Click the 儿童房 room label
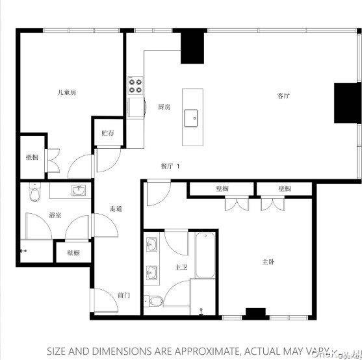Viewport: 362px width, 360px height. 67,93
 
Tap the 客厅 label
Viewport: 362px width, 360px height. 283,96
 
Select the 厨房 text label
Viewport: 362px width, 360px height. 164,107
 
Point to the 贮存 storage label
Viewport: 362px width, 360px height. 108,133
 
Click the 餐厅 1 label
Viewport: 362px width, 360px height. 170,166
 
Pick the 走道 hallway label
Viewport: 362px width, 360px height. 116,209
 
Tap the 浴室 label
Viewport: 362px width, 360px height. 55,214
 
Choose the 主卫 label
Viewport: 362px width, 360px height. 181,266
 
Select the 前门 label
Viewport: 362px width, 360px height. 123,295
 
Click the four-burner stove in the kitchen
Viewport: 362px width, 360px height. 136,84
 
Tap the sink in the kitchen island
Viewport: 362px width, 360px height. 191,117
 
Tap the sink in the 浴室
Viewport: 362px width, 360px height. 79,190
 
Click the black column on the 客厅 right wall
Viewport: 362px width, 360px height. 343,103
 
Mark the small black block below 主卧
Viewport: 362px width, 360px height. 256,312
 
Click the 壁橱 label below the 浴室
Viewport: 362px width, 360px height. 72,253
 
